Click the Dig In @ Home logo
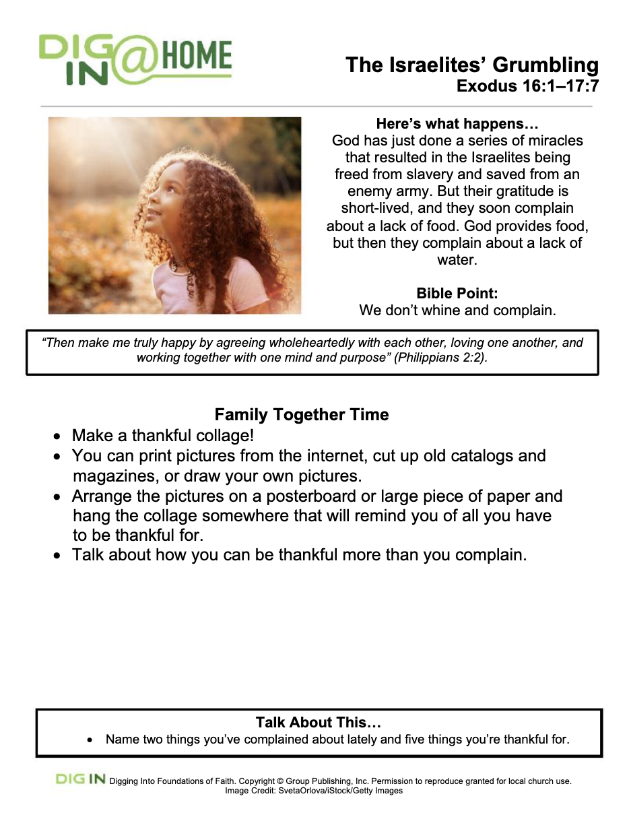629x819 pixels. point(135,59)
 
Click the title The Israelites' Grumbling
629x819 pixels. point(471,65)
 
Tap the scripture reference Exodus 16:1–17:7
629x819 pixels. point(527,86)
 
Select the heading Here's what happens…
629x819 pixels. point(457,124)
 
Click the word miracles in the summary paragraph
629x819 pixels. point(554,141)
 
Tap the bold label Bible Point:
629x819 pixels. point(457,294)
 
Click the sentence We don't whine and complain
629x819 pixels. point(457,310)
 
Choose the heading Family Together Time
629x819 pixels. point(302,415)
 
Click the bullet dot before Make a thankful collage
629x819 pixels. point(59,436)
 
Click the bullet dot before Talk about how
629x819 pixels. point(59,556)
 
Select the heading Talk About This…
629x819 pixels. point(319,723)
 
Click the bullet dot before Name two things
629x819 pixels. point(91,740)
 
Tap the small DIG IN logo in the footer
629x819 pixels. point(81,779)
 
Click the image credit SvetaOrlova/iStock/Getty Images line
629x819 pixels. point(314,791)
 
